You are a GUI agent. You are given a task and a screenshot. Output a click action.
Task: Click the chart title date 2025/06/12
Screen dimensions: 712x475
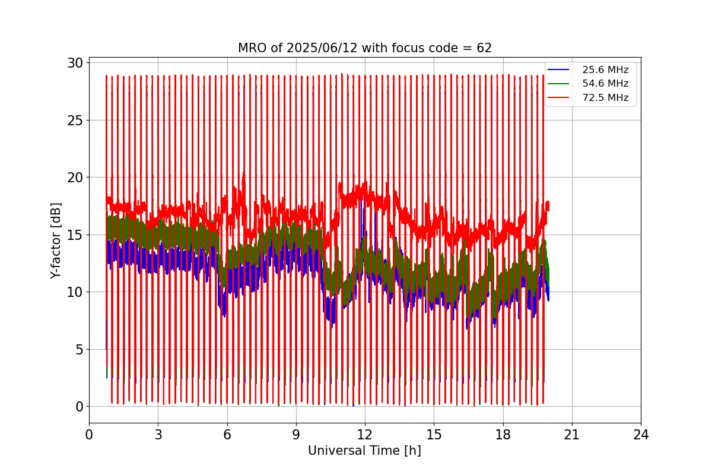[x=322, y=48]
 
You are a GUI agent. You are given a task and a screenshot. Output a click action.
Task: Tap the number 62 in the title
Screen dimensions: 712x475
[x=484, y=48]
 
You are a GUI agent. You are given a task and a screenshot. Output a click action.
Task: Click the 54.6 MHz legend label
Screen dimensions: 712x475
[x=605, y=83]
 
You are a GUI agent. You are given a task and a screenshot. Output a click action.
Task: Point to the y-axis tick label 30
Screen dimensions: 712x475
[x=75, y=64]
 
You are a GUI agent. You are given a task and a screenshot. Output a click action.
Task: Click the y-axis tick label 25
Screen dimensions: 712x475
[x=75, y=121]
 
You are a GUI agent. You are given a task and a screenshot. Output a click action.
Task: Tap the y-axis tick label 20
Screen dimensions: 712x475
[x=75, y=178]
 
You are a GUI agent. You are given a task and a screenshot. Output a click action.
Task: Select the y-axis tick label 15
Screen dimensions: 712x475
[x=75, y=235]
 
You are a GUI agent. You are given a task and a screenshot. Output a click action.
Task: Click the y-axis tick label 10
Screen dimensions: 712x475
[x=75, y=292]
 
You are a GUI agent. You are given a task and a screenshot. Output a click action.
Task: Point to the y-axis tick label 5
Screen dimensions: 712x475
[x=79, y=350]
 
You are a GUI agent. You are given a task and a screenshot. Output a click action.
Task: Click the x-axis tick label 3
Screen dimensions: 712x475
[x=158, y=435]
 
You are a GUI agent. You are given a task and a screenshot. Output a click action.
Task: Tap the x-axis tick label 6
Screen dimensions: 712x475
[x=227, y=435]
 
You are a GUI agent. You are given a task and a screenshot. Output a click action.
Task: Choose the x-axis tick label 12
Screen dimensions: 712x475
[x=365, y=435]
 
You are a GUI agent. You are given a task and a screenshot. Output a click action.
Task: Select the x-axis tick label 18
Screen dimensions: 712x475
[x=503, y=435]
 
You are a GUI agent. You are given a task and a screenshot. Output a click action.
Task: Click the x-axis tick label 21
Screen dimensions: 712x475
[x=572, y=435]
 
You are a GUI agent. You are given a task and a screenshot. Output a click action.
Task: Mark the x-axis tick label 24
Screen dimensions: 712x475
[x=641, y=435]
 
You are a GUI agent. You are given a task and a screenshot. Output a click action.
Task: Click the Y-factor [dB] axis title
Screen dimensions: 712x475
[x=55, y=241]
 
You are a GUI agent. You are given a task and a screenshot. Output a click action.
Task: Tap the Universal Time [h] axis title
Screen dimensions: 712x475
[x=364, y=451]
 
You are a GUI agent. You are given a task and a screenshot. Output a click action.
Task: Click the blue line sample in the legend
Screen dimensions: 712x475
[x=558, y=69]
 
